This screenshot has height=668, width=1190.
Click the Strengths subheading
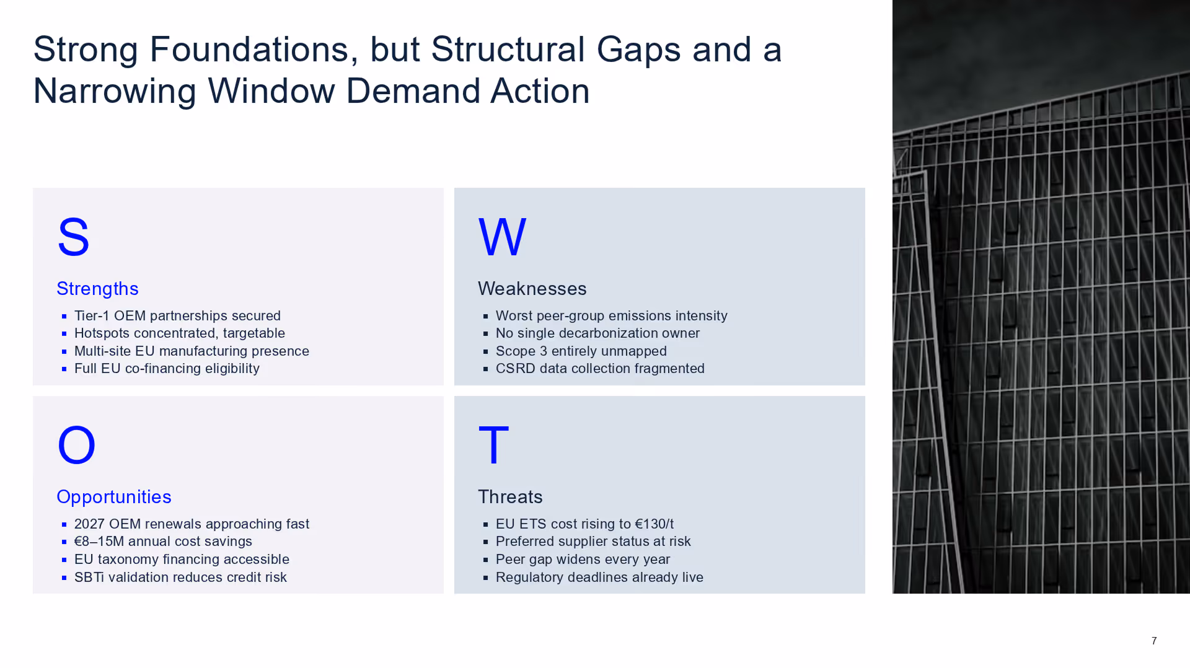(97, 289)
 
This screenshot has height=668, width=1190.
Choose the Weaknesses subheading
(532, 289)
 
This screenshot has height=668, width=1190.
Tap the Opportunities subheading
(113, 497)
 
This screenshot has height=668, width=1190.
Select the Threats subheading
(510, 497)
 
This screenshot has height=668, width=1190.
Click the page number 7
(1154, 641)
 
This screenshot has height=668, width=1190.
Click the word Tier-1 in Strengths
(92, 316)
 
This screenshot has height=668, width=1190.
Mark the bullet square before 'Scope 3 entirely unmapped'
(485, 351)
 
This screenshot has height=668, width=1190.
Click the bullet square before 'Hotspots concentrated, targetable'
(64, 333)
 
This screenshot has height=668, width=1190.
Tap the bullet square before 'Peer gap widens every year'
(485, 560)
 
